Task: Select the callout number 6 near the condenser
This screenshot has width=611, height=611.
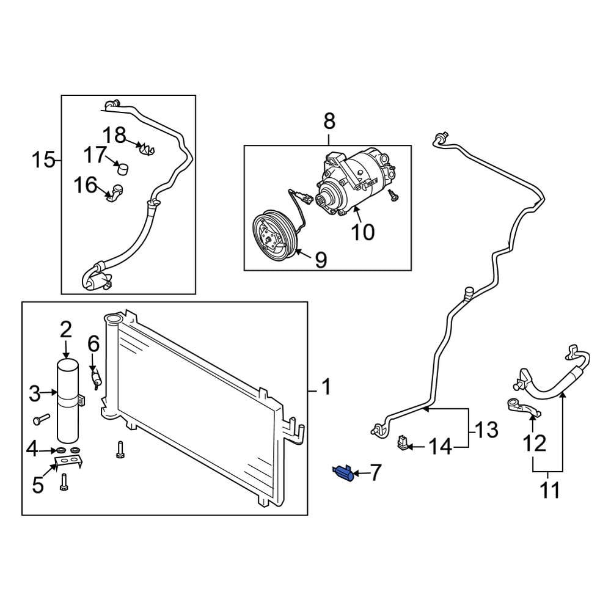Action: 93,343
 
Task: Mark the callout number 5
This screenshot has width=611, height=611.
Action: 38,485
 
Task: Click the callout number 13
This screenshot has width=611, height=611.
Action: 486,430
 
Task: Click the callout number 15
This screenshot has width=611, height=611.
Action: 44,161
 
